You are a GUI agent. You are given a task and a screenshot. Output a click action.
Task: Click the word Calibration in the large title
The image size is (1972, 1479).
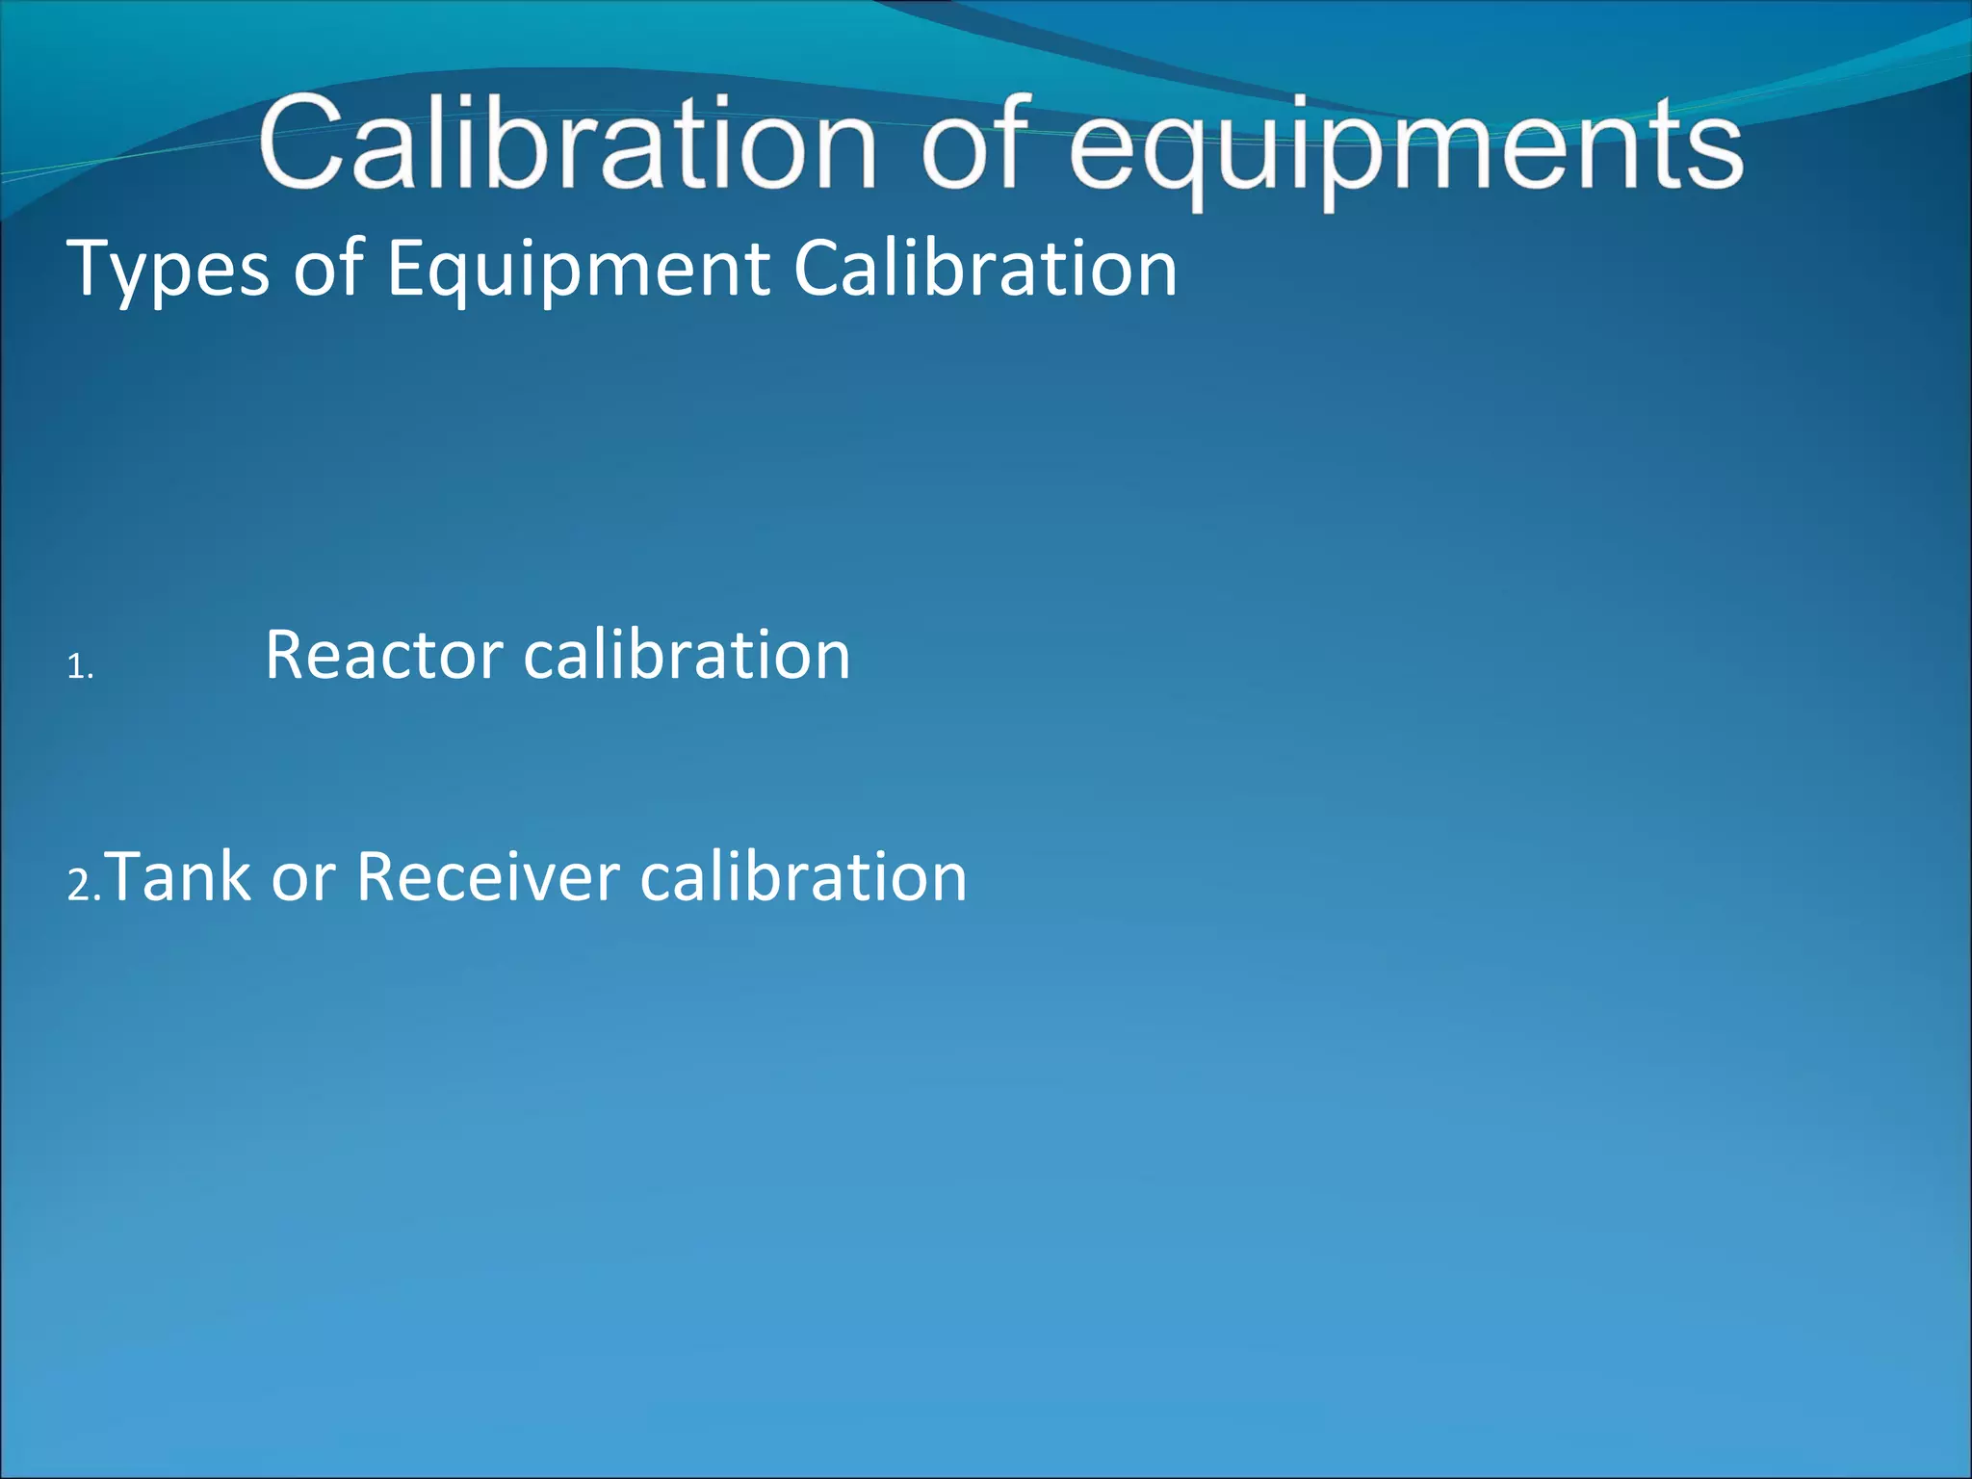pyautogui.click(x=568, y=144)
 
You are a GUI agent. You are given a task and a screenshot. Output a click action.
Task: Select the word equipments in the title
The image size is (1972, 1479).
pyautogui.click(x=1406, y=149)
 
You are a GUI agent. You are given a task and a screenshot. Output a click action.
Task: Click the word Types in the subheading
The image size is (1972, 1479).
pyautogui.click(x=169, y=270)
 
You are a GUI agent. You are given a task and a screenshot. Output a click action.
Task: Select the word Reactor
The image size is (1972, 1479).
pyautogui.click(x=383, y=655)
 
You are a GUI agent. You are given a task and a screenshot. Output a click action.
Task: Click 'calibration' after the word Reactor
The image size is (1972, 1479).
pyautogui.click(x=687, y=655)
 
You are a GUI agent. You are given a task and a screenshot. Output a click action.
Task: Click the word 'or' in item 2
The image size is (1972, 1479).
pyautogui.click(x=302, y=878)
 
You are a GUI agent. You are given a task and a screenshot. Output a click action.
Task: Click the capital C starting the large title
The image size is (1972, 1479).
pyautogui.click(x=302, y=143)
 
